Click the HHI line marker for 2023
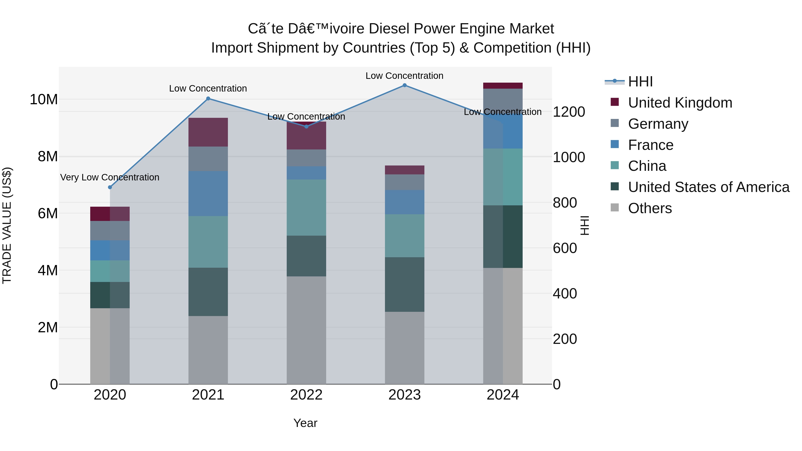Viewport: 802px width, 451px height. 404,85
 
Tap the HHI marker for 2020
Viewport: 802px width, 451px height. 110,187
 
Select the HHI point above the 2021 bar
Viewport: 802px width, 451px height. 208,99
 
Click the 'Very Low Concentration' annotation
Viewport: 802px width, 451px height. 110,178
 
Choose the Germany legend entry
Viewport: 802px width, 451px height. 658,124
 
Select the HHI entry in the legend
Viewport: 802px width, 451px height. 640,82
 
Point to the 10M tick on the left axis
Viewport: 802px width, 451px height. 44,100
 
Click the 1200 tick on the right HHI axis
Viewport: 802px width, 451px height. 569,112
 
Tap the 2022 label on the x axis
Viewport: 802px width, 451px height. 306,395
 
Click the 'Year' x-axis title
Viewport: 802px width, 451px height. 305,423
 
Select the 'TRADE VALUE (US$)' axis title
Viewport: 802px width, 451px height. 7,225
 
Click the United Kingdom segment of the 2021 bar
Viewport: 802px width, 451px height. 208,132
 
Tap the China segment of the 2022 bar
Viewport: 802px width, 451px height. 306,207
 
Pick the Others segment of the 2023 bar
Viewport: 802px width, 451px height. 404,348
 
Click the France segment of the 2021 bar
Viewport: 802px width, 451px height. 208,193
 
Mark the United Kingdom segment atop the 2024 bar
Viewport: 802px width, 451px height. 503,86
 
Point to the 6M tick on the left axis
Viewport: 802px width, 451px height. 47,214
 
